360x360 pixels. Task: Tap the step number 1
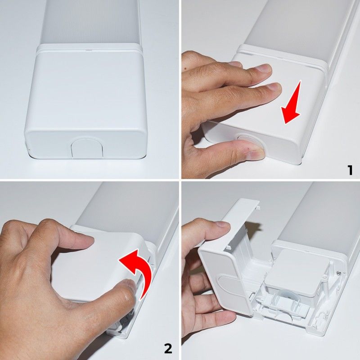(x=349, y=170)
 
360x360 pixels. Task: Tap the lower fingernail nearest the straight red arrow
(x=272, y=88)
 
